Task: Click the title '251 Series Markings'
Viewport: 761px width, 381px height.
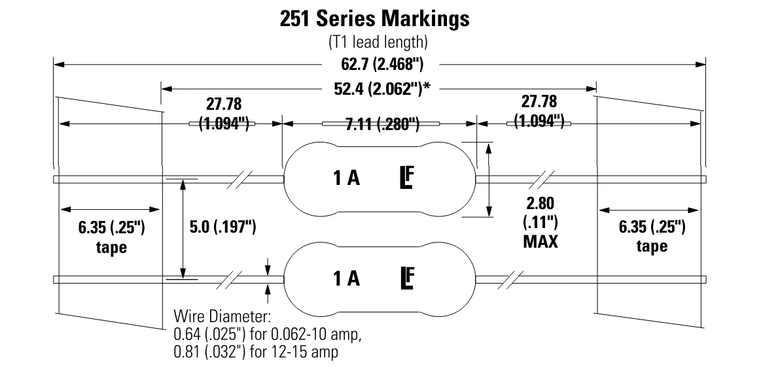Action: (x=374, y=18)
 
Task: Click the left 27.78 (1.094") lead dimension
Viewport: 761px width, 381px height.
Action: (x=221, y=114)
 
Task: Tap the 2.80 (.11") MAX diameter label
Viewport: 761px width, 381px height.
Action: (x=540, y=222)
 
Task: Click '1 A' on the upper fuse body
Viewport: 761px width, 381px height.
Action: (x=346, y=179)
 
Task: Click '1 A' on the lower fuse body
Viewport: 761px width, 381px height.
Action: (x=346, y=279)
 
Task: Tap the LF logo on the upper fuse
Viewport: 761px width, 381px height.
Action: (x=408, y=178)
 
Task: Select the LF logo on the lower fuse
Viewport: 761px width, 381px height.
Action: (x=408, y=278)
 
